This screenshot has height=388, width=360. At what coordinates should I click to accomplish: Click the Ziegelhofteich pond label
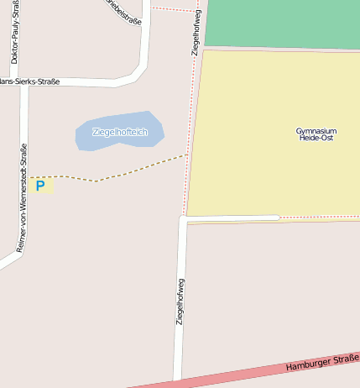pyautogui.click(x=120, y=133)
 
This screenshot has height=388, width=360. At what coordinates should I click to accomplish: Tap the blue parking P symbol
pyautogui.click(x=39, y=186)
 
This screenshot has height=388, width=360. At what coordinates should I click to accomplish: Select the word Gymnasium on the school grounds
pyautogui.click(x=316, y=131)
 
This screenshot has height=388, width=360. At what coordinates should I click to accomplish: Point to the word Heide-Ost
pyautogui.click(x=316, y=139)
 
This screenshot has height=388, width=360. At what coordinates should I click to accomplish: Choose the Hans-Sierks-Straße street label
pyautogui.click(x=29, y=82)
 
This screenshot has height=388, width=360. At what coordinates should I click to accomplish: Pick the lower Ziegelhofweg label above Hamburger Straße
pyautogui.click(x=180, y=301)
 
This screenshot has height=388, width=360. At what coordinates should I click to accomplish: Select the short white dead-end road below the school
pyautogui.click(x=231, y=218)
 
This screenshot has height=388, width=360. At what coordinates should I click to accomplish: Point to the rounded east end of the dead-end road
pyautogui.click(x=276, y=218)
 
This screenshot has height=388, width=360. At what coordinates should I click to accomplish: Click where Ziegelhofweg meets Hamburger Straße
pyautogui.click(x=177, y=381)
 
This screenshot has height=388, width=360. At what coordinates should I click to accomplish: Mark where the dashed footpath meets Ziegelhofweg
pyautogui.click(x=187, y=155)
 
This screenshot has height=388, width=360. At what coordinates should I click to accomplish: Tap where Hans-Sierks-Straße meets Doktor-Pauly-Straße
pyautogui.click(x=24, y=82)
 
